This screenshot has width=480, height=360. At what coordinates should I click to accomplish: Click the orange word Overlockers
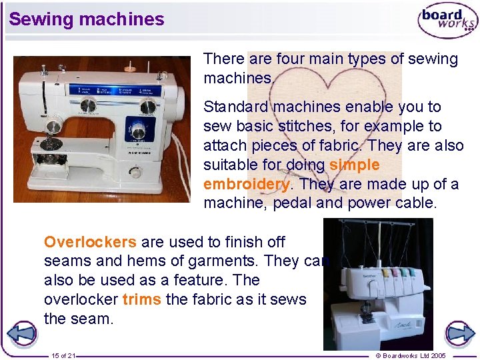click(x=90, y=241)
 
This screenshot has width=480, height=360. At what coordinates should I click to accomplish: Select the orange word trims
click(x=141, y=299)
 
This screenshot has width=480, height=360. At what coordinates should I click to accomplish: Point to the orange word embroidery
click(x=246, y=183)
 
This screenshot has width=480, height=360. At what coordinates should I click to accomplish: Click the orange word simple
click(x=354, y=164)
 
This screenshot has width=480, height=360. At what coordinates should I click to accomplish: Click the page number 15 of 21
click(x=63, y=355)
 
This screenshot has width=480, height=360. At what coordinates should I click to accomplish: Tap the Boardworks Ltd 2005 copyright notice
click(x=411, y=355)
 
